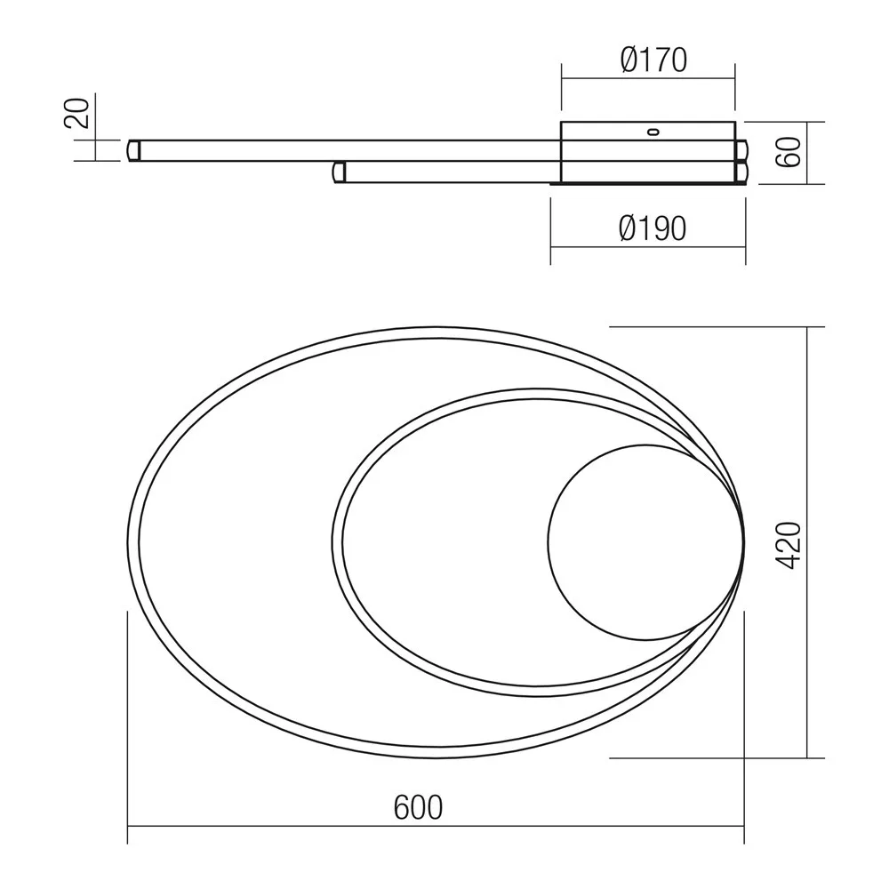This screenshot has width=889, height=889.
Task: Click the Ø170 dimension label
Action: point(653,60)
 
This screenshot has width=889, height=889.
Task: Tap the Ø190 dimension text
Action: point(653,228)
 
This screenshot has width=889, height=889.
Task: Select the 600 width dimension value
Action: point(418,807)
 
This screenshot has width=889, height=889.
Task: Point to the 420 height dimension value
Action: point(788,545)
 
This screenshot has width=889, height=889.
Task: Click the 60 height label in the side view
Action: point(789,152)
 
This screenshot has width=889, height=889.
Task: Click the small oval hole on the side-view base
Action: point(653,132)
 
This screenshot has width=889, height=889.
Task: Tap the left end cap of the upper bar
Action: point(134,150)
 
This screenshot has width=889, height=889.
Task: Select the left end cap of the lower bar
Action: point(339,172)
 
